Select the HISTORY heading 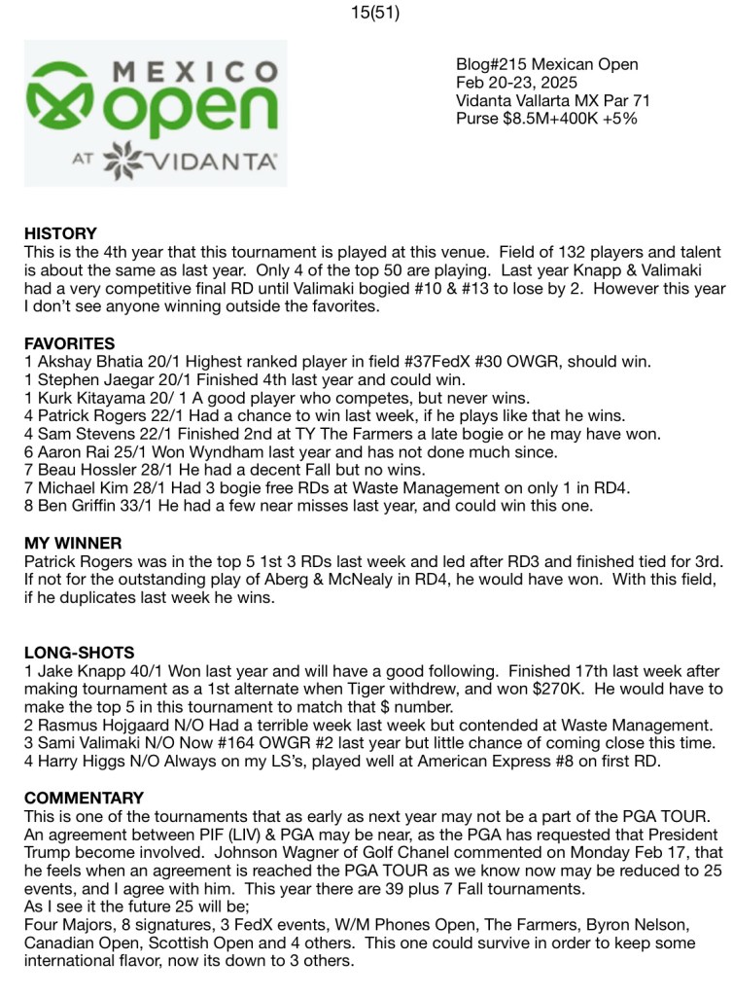click(x=60, y=233)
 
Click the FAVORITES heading click(x=69, y=343)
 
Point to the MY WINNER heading click(x=73, y=543)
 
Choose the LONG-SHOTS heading click(x=80, y=653)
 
